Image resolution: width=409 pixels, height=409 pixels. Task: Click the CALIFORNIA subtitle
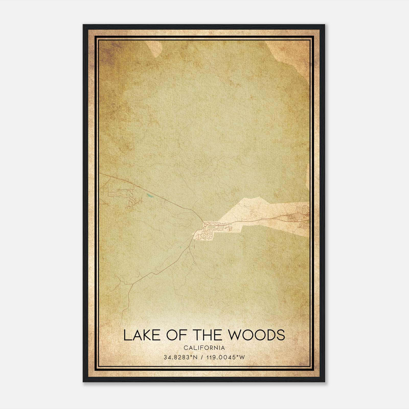204,348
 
